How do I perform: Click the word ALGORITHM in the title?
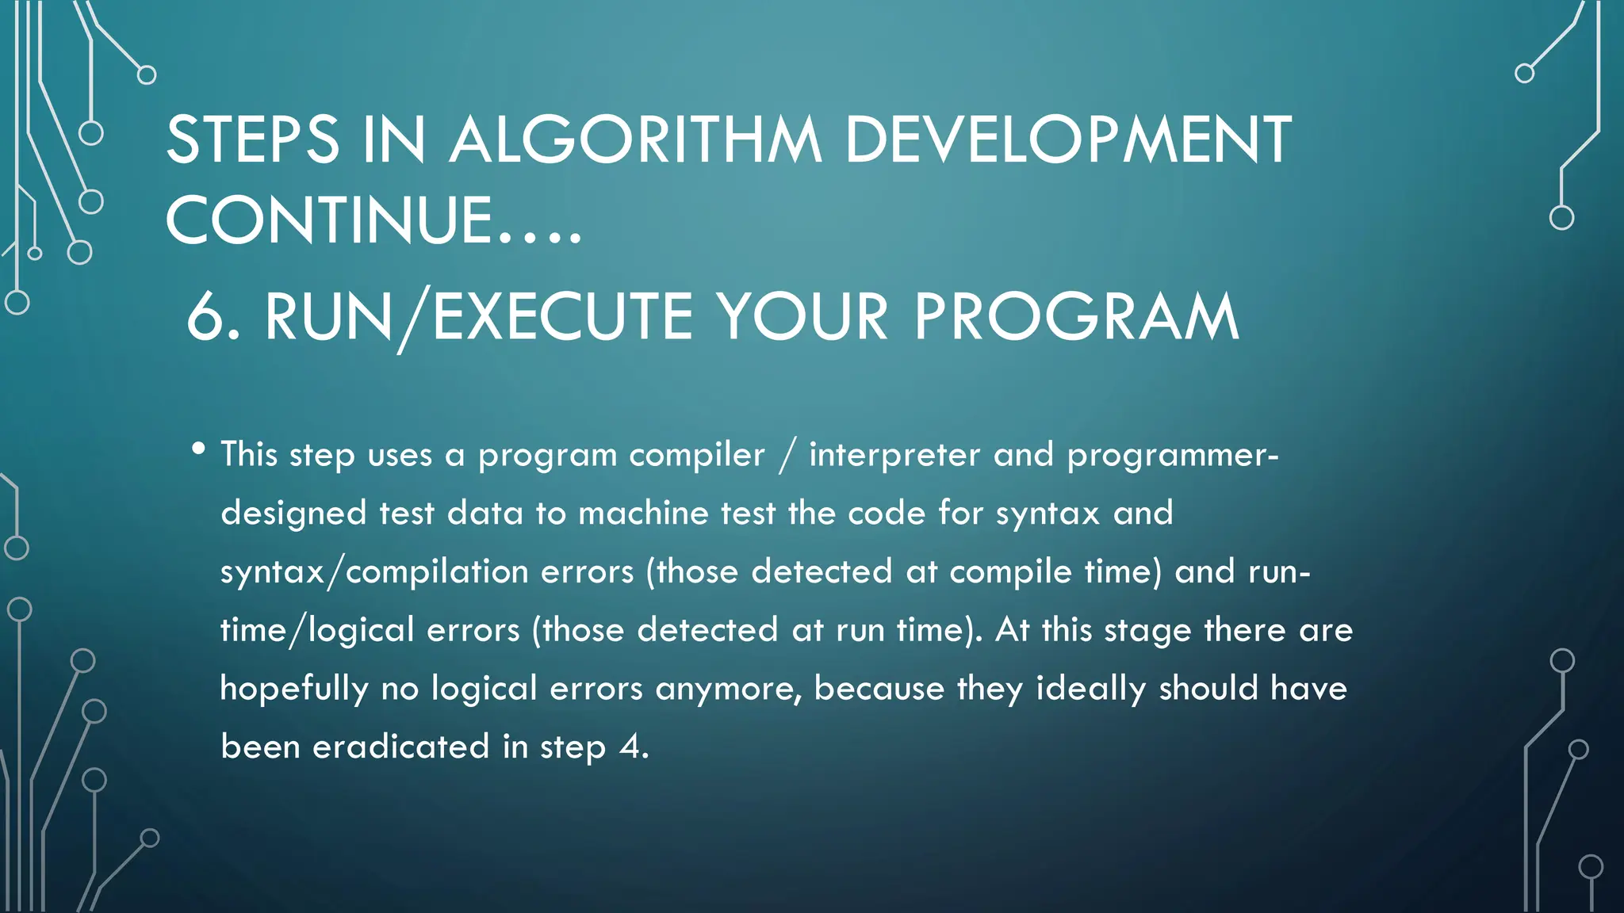click(x=635, y=140)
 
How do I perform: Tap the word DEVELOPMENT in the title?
click(x=1067, y=140)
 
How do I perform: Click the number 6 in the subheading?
click(x=206, y=317)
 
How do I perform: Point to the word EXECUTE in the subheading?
click(x=563, y=317)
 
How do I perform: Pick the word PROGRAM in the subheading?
click(x=1076, y=317)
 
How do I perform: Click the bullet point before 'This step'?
click(x=198, y=449)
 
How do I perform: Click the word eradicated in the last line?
click(x=400, y=747)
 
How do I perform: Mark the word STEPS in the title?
click(x=253, y=140)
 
